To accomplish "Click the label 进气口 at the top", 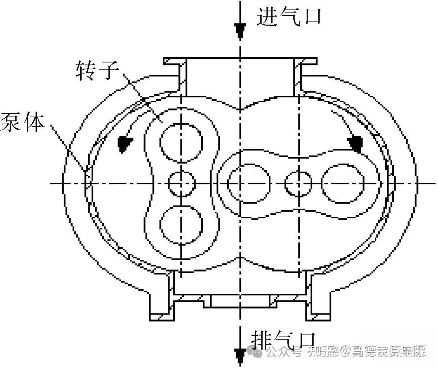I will (289, 17).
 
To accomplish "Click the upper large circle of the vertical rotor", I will (181, 141).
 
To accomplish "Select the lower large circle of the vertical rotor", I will (181, 224).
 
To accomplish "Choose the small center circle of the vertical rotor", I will (181, 183).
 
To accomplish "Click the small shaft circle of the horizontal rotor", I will (298, 183).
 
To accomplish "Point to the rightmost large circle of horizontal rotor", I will (342, 183).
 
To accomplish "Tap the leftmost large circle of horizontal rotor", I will (249, 183).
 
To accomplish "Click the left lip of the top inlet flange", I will (172, 62).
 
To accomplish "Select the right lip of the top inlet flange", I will (308, 62).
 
